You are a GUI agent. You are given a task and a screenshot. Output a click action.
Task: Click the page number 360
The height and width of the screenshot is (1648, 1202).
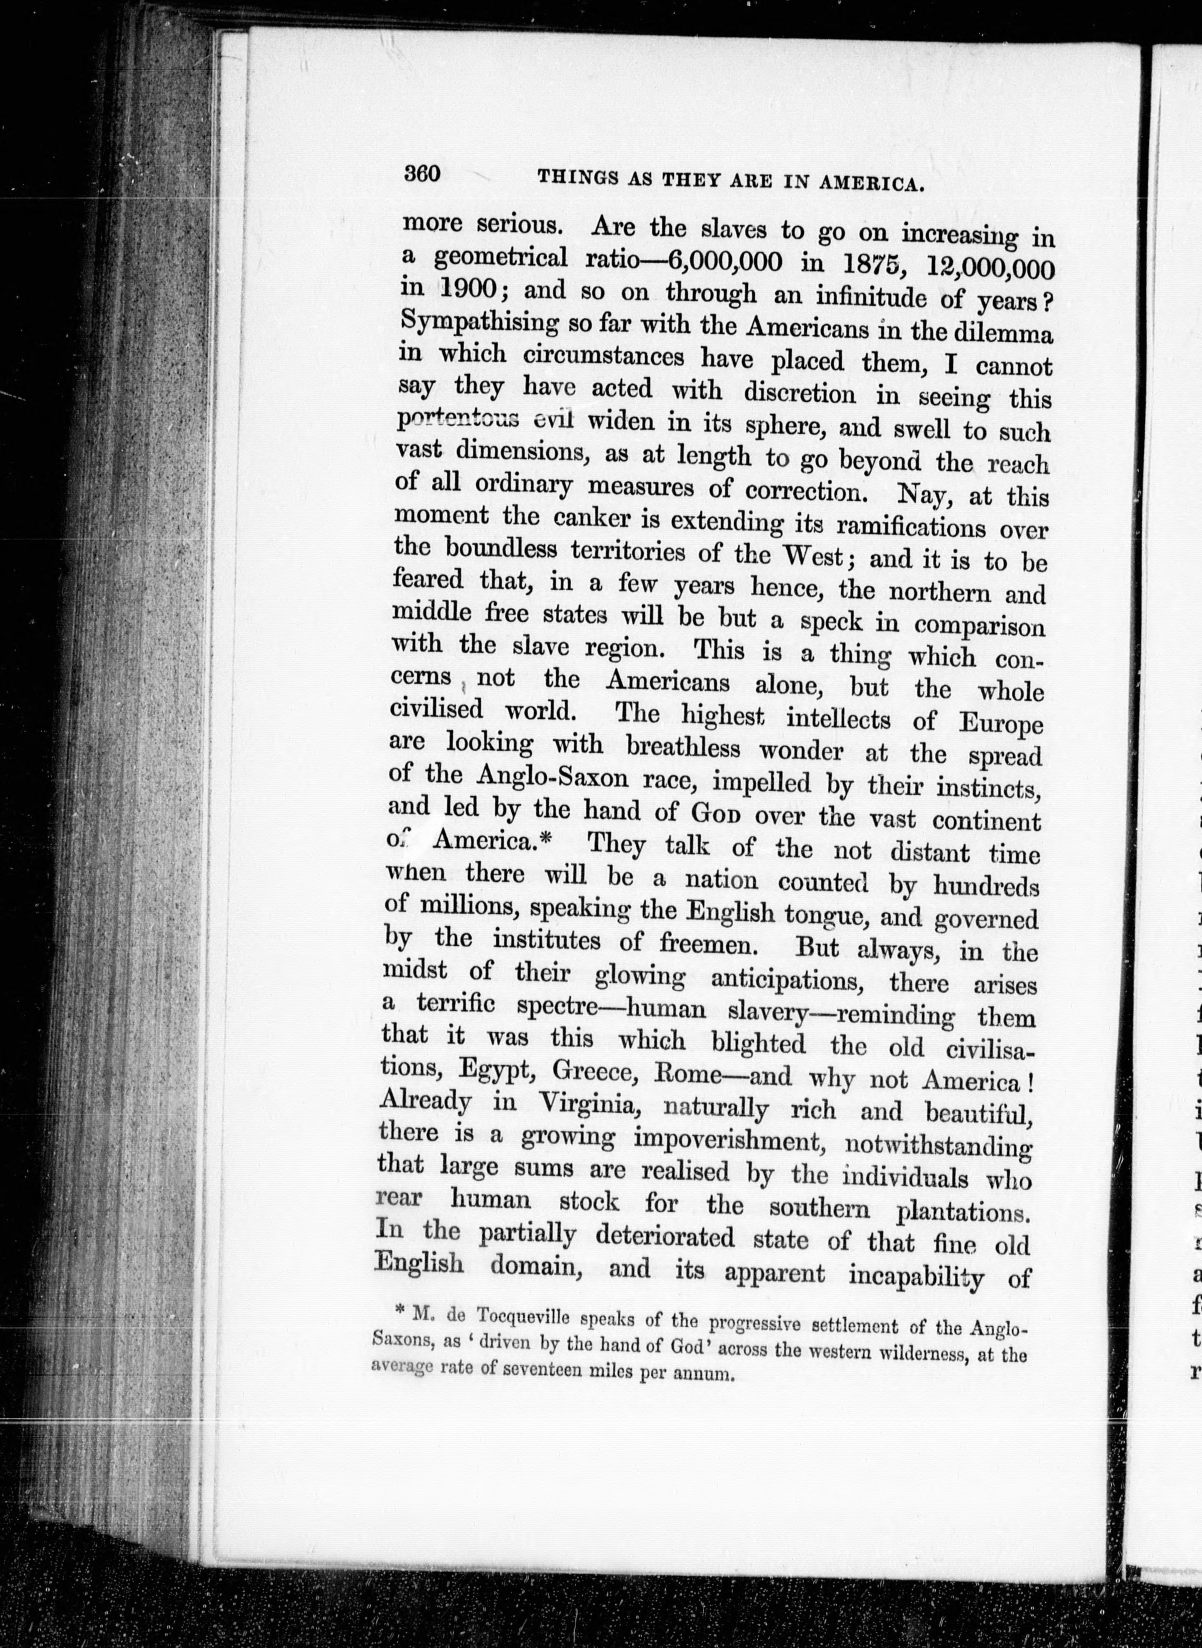coord(422,174)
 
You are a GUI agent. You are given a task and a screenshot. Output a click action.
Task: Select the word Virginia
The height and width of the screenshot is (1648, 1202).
coord(590,1104)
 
